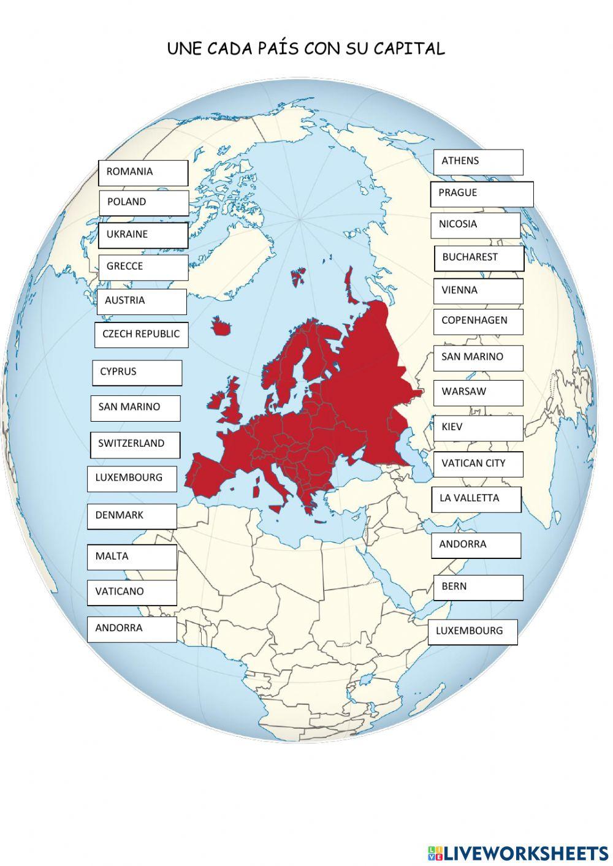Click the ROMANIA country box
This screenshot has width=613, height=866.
[x=143, y=173]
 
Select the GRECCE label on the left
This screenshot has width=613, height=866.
[x=143, y=267]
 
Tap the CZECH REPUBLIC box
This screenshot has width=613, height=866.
[x=141, y=335]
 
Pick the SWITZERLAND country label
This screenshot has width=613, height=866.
[x=135, y=444]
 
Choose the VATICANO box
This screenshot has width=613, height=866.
[x=132, y=593]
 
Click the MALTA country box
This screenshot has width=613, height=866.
[x=132, y=557]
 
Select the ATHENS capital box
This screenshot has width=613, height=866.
[x=478, y=162]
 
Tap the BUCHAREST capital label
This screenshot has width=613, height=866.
[x=479, y=258]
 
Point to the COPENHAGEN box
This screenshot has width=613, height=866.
[x=478, y=321]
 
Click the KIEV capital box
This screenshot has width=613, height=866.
[x=478, y=428]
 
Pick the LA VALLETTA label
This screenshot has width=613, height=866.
[x=476, y=499]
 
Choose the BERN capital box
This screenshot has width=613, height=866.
[x=478, y=587]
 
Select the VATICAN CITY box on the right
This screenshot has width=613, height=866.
[x=478, y=464]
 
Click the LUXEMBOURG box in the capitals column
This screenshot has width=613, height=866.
[x=472, y=631]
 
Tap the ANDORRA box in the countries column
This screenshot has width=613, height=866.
[x=132, y=629]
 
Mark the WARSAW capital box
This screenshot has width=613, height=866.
[x=478, y=392]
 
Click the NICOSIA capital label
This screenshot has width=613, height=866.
[x=475, y=225]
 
